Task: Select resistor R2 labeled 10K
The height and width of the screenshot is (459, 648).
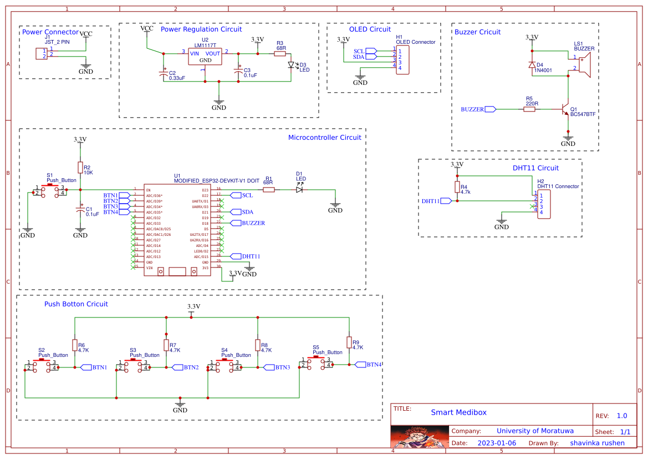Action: point(80,167)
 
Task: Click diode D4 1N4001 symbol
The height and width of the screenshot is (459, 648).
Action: point(532,64)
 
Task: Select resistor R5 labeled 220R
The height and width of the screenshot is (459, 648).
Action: point(529,109)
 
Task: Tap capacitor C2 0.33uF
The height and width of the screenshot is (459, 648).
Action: point(164,73)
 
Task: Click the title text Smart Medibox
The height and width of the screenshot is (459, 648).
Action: point(458,412)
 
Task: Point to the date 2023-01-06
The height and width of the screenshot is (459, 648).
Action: point(496,443)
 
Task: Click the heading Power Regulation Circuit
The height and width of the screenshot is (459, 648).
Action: point(201,29)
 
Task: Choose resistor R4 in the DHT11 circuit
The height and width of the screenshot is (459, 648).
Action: point(457,186)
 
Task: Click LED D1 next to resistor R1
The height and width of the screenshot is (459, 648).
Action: point(299,190)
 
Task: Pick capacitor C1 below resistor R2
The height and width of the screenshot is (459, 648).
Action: point(80,210)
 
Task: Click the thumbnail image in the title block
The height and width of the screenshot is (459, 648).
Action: point(420,436)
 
